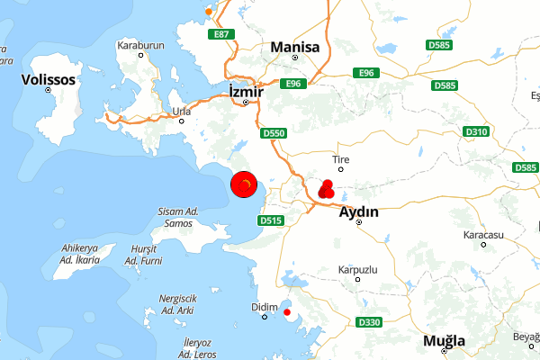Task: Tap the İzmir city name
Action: [x=245, y=90]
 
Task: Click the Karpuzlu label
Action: [x=357, y=270]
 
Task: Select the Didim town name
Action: [x=261, y=307]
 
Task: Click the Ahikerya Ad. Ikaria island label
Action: [x=78, y=254]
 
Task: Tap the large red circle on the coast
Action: [x=245, y=185]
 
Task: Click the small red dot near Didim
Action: [x=287, y=312]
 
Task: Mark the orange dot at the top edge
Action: [x=210, y=12]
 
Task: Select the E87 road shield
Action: [x=220, y=34]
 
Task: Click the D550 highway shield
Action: [x=274, y=133]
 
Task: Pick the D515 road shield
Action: [x=270, y=220]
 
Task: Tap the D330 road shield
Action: [x=369, y=322]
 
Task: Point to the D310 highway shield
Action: [x=477, y=132]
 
